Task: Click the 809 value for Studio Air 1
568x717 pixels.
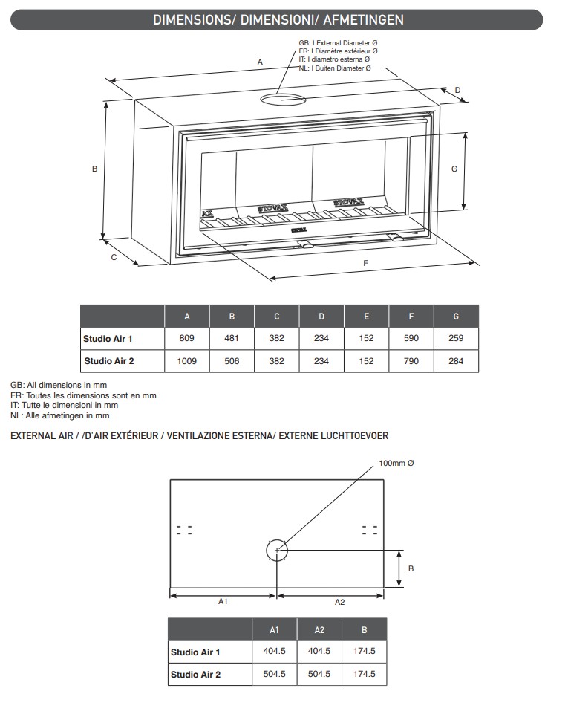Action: [187, 338]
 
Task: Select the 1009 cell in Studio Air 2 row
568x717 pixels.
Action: [187, 361]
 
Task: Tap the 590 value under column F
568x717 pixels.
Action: [411, 338]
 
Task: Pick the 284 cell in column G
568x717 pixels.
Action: [456, 361]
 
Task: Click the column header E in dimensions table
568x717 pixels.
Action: [366, 317]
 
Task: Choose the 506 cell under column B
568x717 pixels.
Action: [232, 361]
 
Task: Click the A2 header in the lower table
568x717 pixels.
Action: [319, 630]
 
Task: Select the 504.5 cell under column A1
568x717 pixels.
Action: [274, 675]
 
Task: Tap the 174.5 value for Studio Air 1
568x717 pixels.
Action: [364, 652]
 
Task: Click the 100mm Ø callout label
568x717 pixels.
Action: [396, 463]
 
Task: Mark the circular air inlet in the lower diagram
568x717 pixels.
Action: [276, 550]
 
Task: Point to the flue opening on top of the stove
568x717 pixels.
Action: [282, 98]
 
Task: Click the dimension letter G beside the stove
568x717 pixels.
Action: [454, 169]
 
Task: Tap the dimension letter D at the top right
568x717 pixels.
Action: [457, 90]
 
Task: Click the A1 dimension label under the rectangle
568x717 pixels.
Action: [222, 602]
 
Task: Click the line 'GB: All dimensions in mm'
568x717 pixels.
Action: [59, 386]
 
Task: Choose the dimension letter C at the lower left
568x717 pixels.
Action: [114, 258]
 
